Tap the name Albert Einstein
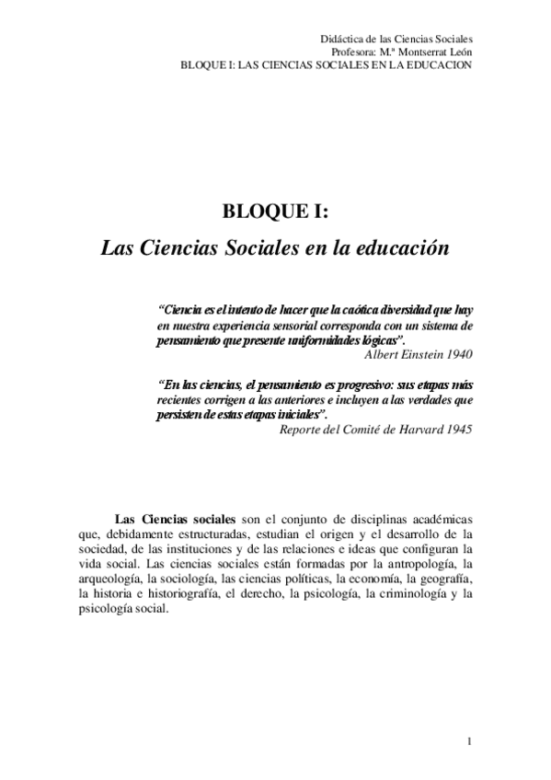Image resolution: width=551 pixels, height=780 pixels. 405,352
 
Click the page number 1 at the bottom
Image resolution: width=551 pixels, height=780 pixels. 469,741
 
